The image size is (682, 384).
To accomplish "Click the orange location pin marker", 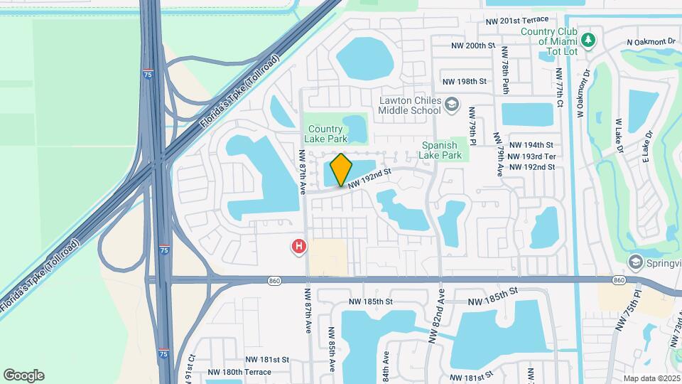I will click(x=341, y=170).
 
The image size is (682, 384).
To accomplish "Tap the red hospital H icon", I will click(x=299, y=247).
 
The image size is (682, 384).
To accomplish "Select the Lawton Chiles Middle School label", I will click(x=410, y=106).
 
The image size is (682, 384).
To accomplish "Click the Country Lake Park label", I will click(x=326, y=133).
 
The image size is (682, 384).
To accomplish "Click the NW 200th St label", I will click(x=472, y=46).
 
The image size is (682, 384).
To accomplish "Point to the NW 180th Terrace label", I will click(x=239, y=372).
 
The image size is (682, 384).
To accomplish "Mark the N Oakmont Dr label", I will click(x=651, y=42).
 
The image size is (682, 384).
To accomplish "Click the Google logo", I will click(x=23, y=375).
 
